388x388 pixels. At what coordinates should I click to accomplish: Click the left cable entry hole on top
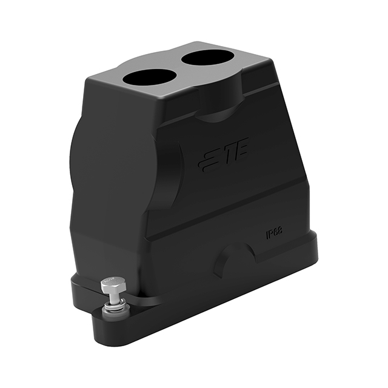pos(149,77)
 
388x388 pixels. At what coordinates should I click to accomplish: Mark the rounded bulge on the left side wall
pos(85,164)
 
